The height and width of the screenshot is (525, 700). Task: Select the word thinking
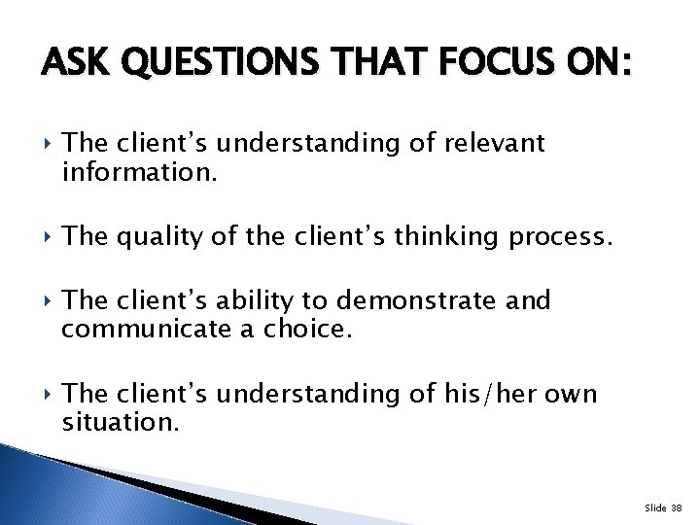(422, 234)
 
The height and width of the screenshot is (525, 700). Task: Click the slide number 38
(676, 507)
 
